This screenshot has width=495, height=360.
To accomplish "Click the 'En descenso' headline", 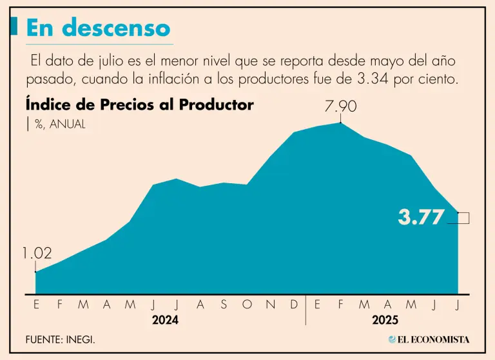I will pyautogui.click(x=98, y=28).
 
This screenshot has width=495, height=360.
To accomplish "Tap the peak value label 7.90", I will pyautogui.click(x=341, y=105).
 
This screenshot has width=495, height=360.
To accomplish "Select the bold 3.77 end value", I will pyautogui.click(x=421, y=217).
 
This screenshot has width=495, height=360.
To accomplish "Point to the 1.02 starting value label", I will pyautogui.click(x=36, y=254).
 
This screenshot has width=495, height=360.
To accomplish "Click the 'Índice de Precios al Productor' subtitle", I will pyautogui.click(x=140, y=105).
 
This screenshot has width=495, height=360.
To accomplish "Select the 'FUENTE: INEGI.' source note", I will pyautogui.click(x=61, y=339).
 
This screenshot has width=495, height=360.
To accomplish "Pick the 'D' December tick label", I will pyautogui.click(x=294, y=305).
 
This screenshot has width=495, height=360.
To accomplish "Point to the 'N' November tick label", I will pyautogui.click(x=270, y=305).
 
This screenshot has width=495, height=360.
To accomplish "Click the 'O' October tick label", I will pyautogui.click(x=247, y=305).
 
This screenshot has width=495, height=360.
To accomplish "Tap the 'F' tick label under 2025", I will pyautogui.click(x=341, y=305).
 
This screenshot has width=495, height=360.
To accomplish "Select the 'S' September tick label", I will pyautogui.click(x=224, y=305).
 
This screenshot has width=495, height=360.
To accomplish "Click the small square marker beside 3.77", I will pyautogui.click(x=463, y=218).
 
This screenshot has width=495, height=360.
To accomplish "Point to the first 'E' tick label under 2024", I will pyautogui.click(x=36, y=305).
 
